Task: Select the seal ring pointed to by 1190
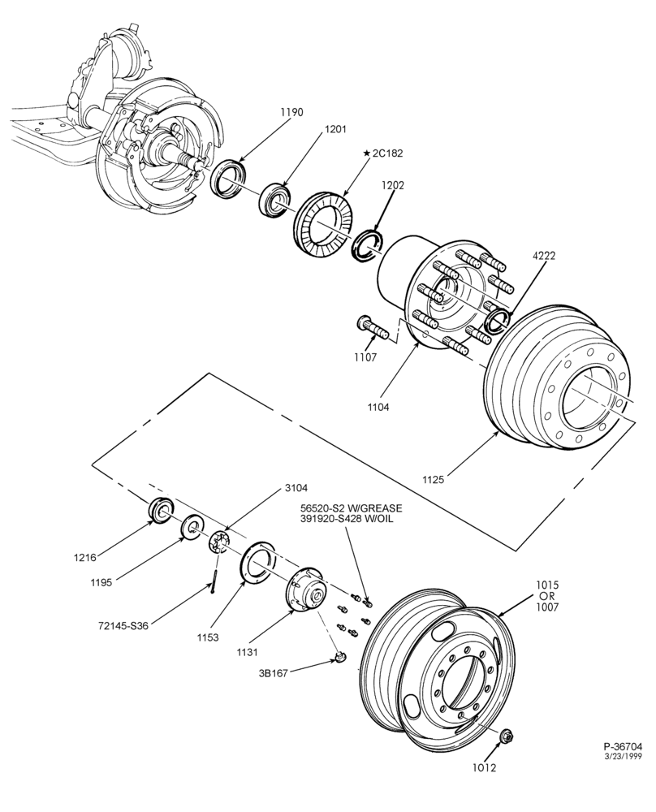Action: tap(227, 178)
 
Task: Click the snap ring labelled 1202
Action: tap(367, 244)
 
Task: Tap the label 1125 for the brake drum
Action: tap(433, 480)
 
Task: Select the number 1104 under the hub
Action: tap(378, 407)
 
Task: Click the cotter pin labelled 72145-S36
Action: tap(214, 581)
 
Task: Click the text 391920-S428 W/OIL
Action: tap(346, 518)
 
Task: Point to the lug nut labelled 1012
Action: tap(506, 736)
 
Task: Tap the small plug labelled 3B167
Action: tap(340, 657)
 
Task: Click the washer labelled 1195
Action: tap(191, 527)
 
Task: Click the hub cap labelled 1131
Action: tap(305, 590)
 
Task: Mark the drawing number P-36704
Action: tap(623, 746)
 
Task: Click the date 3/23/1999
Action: tap(624, 755)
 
